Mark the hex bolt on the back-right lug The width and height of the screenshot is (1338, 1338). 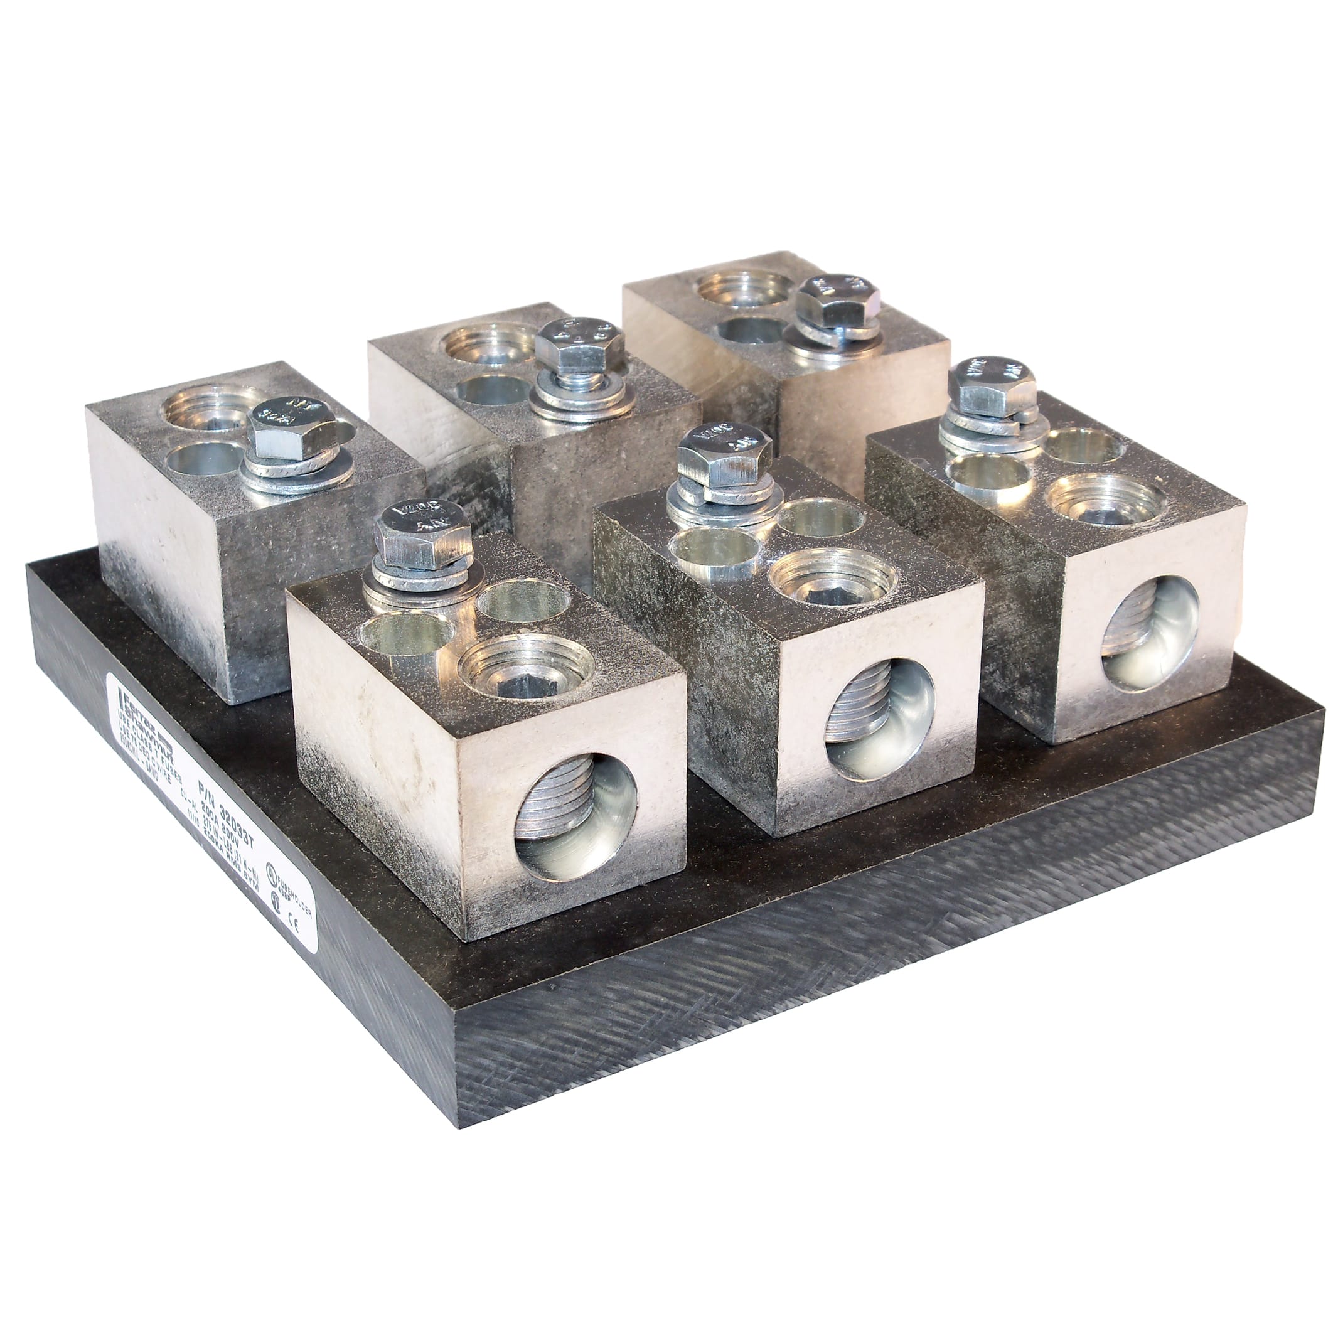click(x=838, y=300)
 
